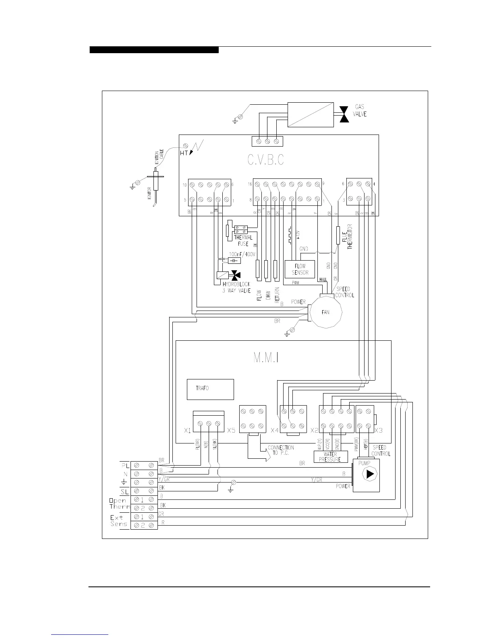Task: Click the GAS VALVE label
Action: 360,110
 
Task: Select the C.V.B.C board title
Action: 265,160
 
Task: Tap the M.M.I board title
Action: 266,358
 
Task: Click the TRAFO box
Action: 210,389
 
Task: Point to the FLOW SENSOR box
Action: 300,269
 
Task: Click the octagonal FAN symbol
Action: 325,312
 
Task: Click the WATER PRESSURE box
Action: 330,457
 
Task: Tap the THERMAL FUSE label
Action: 243,240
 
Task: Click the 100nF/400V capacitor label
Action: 242,255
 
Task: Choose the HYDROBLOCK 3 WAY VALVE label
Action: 236,287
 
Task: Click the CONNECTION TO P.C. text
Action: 281,450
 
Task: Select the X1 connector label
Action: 187,430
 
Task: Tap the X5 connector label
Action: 231,430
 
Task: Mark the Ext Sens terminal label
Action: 119,520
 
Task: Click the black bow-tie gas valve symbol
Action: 344,114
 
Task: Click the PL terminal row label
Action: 125,466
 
